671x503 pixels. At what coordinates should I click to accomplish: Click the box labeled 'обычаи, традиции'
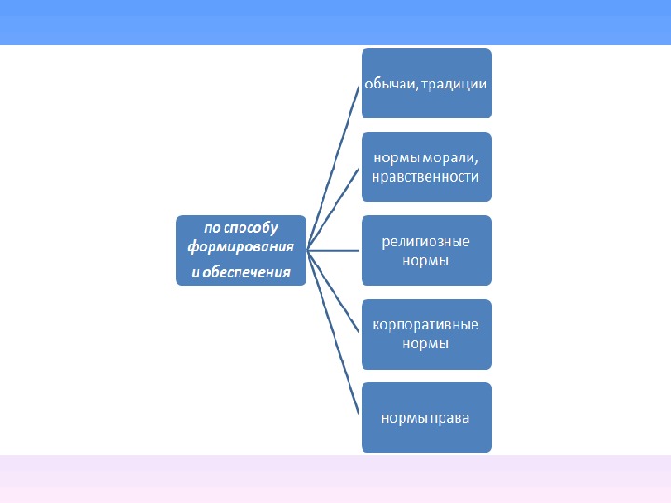[426, 84]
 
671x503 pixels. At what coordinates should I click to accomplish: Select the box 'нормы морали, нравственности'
[426, 168]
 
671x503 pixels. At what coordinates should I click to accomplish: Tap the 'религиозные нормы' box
[426, 251]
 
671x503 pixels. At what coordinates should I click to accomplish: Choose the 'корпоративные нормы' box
[426, 334]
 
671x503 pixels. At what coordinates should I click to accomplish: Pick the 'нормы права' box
[426, 417]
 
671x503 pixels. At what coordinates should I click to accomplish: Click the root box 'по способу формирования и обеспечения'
[241, 251]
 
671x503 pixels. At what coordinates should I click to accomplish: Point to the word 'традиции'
[454, 84]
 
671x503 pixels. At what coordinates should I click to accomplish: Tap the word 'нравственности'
[426, 177]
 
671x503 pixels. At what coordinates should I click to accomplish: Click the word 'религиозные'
[426, 242]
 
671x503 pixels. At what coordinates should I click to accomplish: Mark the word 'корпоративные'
[426, 326]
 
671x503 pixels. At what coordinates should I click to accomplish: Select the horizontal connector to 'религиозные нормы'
[334, 251]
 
